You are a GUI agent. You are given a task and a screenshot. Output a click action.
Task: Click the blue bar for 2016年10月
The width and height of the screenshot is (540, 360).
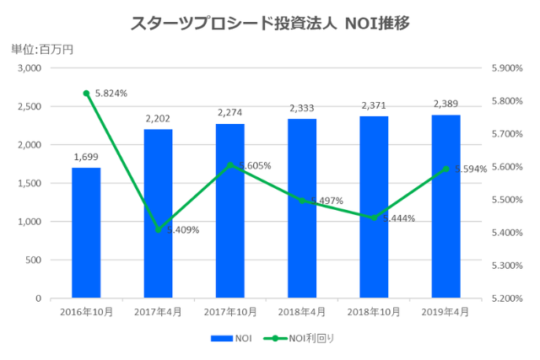86,233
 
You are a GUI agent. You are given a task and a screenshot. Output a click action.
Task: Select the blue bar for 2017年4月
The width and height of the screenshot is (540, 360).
158,213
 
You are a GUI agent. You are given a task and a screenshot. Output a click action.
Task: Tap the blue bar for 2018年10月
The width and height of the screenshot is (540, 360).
374,207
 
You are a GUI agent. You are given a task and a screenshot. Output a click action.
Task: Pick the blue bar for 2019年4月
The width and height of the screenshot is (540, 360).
445,206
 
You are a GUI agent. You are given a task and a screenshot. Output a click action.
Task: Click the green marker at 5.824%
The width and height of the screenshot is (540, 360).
86,93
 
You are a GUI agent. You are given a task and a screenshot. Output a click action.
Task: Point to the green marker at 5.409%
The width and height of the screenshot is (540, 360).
158,229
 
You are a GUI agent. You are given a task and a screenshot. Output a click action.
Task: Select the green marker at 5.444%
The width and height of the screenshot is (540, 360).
374,218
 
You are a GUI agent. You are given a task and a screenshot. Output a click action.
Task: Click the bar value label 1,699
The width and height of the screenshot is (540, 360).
86,156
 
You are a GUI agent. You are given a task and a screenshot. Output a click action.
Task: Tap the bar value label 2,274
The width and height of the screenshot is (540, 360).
229,112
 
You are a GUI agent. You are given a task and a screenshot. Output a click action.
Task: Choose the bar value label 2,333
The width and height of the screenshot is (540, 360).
302,108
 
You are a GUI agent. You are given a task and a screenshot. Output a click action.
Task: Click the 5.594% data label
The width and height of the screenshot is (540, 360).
470,169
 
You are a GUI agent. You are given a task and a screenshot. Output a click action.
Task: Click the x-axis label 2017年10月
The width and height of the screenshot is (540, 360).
229,312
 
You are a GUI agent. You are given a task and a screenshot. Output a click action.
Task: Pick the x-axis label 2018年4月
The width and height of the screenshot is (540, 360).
302,312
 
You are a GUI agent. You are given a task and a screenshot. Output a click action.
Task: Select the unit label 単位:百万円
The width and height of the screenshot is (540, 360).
42,49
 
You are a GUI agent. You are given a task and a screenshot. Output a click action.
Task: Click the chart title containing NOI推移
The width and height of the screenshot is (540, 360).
270,23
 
